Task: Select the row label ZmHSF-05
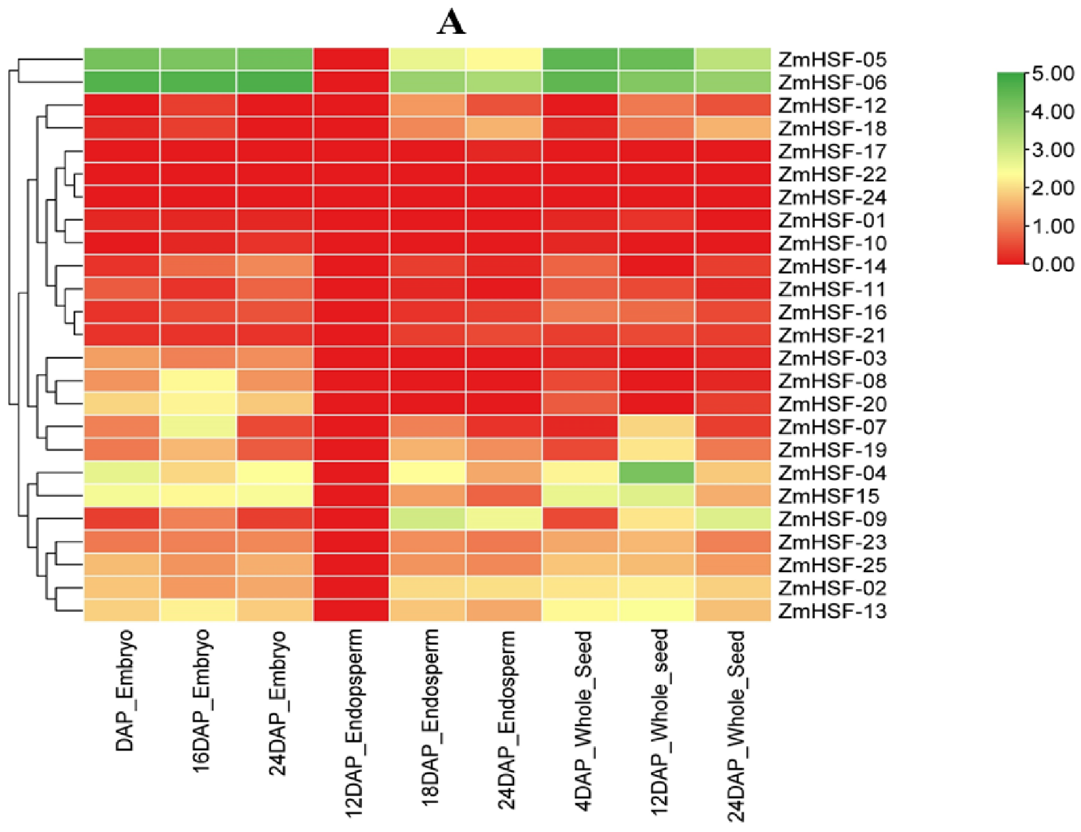coord(832,60)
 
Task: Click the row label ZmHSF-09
coord(832,519)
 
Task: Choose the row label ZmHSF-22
coord(832,175)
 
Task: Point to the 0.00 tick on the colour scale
coord(1052,265)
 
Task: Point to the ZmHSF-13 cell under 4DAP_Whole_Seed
coord(580,611)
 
